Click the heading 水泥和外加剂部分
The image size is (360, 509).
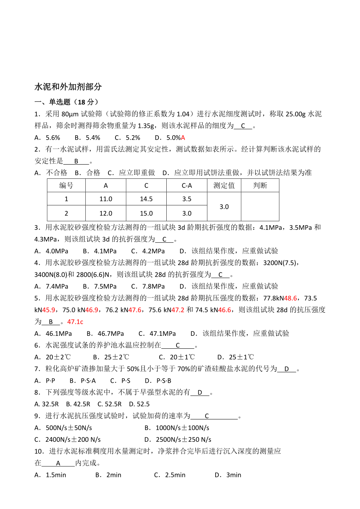click(x=68, y=86)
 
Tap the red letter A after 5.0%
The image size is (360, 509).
click(x=183, y=138)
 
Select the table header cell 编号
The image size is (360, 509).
click(x=66, y=185)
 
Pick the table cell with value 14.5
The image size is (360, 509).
click(x=146, y=199)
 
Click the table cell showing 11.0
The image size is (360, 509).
click(x=106, y=199)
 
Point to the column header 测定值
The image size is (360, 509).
click(x=224, y=185)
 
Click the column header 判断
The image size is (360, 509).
click(x=260, y=185)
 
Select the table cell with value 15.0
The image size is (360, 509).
click(x=146, y=213)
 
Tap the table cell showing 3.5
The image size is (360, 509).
click(x=187, y=199)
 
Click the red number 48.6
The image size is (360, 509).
click(x=290, y=298)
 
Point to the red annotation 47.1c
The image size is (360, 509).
click(x=75, y=322)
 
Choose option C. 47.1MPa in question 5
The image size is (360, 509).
click(x=157, y=333)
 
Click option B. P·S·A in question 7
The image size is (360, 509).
click(x=83, y=380)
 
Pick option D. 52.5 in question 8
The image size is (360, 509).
click(x=139, y=404)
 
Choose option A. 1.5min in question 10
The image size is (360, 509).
click(x=50, y=475)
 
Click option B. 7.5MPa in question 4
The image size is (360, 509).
click(x=100, y=286)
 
